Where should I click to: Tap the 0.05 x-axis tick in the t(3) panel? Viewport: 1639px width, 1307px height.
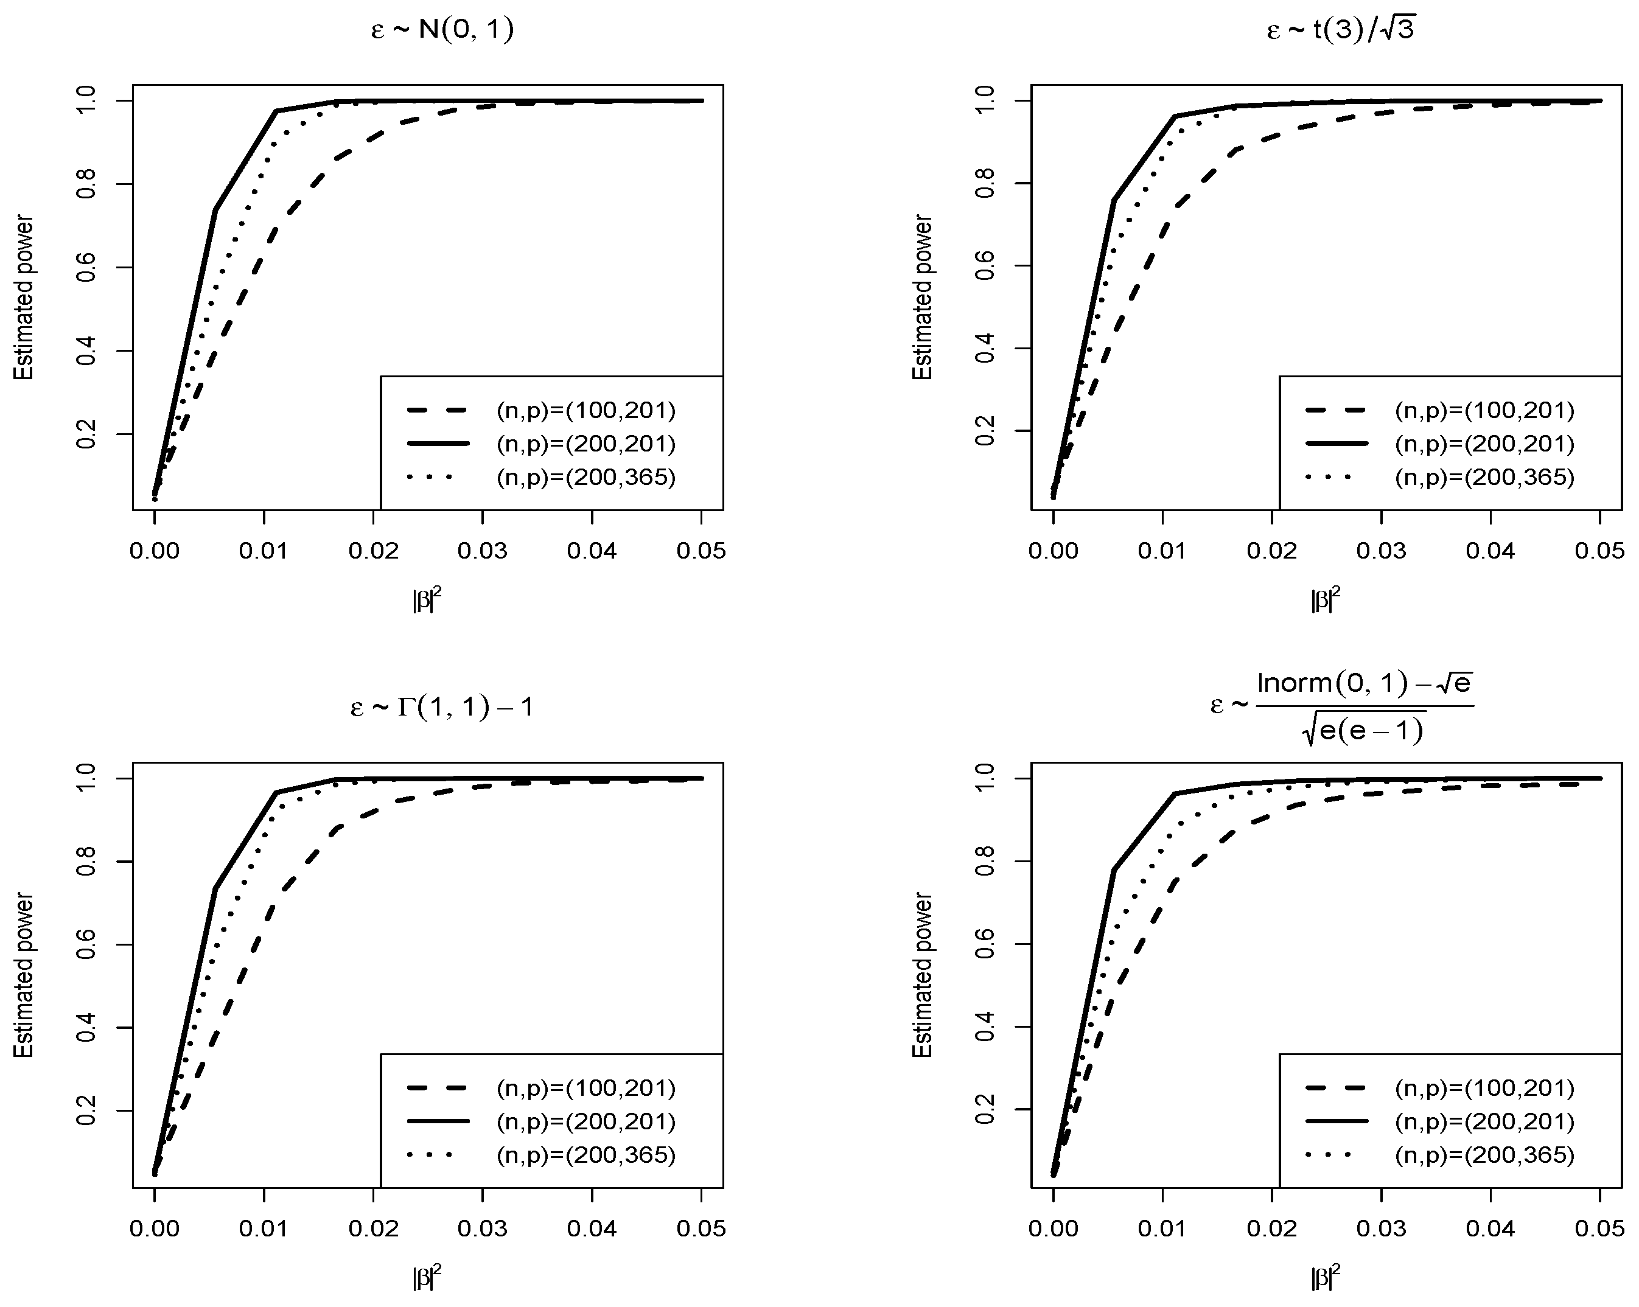(1599, 551)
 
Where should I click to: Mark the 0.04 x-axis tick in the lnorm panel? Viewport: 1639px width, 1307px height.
(1490, 1228)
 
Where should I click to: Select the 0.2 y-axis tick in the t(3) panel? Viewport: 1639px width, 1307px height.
(986, 431)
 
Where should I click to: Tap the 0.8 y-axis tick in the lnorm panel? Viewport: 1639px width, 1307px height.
(986, 862)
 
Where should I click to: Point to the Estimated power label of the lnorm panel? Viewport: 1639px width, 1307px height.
(922, 975)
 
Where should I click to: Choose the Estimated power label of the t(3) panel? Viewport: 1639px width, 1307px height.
(922, 297)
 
